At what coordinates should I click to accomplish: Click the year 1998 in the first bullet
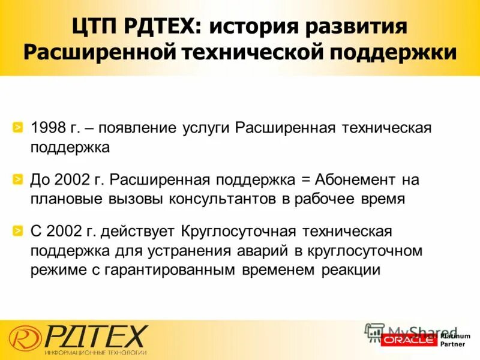[x=47, y=128]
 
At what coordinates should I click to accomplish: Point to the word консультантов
[x=223, y=199]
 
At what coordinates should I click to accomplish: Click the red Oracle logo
[x=409, y=340]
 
